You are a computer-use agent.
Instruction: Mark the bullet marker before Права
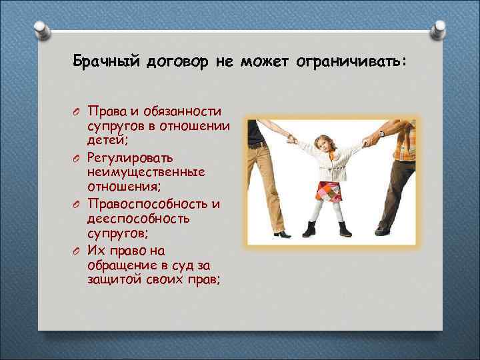pyautogui.click(x=77, y=111)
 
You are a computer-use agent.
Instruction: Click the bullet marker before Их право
pyautogui.click(x=77, y=251)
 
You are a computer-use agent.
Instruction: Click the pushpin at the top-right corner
pyautogui.click(x=440, y=29)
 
